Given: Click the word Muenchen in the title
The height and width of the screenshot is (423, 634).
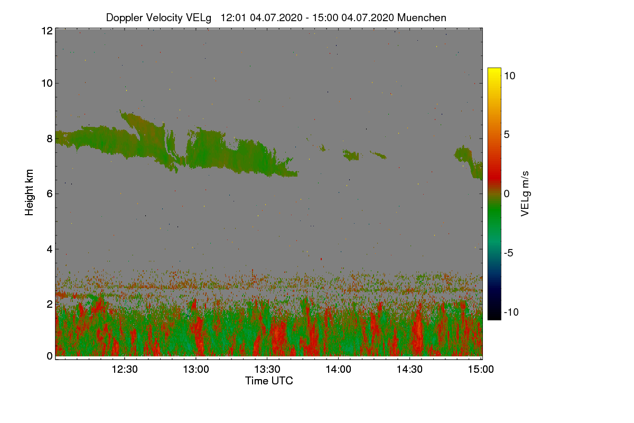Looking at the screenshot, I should tap(422, 17).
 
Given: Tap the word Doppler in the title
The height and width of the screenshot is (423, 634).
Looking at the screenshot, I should tap(123, 17).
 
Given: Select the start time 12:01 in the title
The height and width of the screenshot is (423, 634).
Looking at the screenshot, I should tap(232, 17).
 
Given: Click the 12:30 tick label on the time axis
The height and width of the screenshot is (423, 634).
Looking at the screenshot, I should tap(125, 370).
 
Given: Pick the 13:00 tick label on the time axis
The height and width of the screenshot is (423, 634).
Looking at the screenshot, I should tap(196, 370).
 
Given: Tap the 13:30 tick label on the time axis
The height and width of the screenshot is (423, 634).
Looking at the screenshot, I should tap(267, 370).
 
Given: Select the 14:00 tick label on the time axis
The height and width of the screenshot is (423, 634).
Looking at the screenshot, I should tap(339, 370).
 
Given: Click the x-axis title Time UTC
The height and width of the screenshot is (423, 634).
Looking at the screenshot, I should tap(269, 381).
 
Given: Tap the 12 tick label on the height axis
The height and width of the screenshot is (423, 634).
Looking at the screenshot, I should tap(47, 31).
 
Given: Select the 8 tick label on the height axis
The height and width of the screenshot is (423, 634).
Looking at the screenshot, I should tap(50, 139).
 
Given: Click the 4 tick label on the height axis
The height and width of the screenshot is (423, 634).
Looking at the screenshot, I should tap(50, 249).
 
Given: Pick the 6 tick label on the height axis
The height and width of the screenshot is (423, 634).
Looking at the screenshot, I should tap(50, 194).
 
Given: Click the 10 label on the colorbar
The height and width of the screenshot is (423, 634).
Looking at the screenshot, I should tap(509, 76).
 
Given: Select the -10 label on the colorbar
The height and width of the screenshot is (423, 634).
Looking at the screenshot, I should tap(511, 312).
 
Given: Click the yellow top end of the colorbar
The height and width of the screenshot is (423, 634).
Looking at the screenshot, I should tap(494, 70).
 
